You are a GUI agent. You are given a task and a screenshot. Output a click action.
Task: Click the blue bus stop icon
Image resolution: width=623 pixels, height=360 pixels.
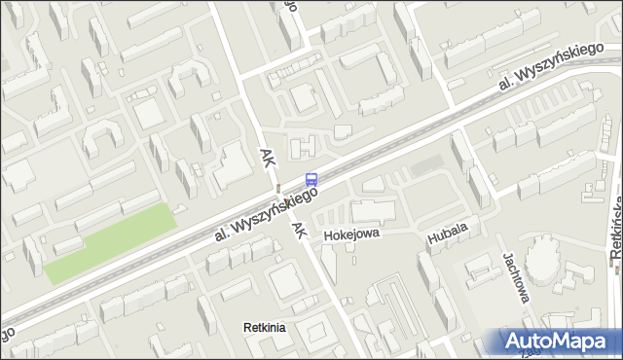coord(311,179)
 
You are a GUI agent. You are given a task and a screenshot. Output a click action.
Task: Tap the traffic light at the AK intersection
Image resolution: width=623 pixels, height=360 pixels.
coord(278,187)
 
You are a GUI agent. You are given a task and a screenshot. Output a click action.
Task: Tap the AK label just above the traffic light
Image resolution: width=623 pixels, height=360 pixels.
coord(268,158)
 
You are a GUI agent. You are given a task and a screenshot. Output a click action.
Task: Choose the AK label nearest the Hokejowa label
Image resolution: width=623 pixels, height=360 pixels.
coord(300,230)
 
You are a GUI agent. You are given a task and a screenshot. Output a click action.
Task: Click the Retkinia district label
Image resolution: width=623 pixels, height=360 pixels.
coord(264,328)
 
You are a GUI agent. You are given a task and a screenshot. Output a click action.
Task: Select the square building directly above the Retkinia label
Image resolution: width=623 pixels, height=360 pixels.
coord(285,283)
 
